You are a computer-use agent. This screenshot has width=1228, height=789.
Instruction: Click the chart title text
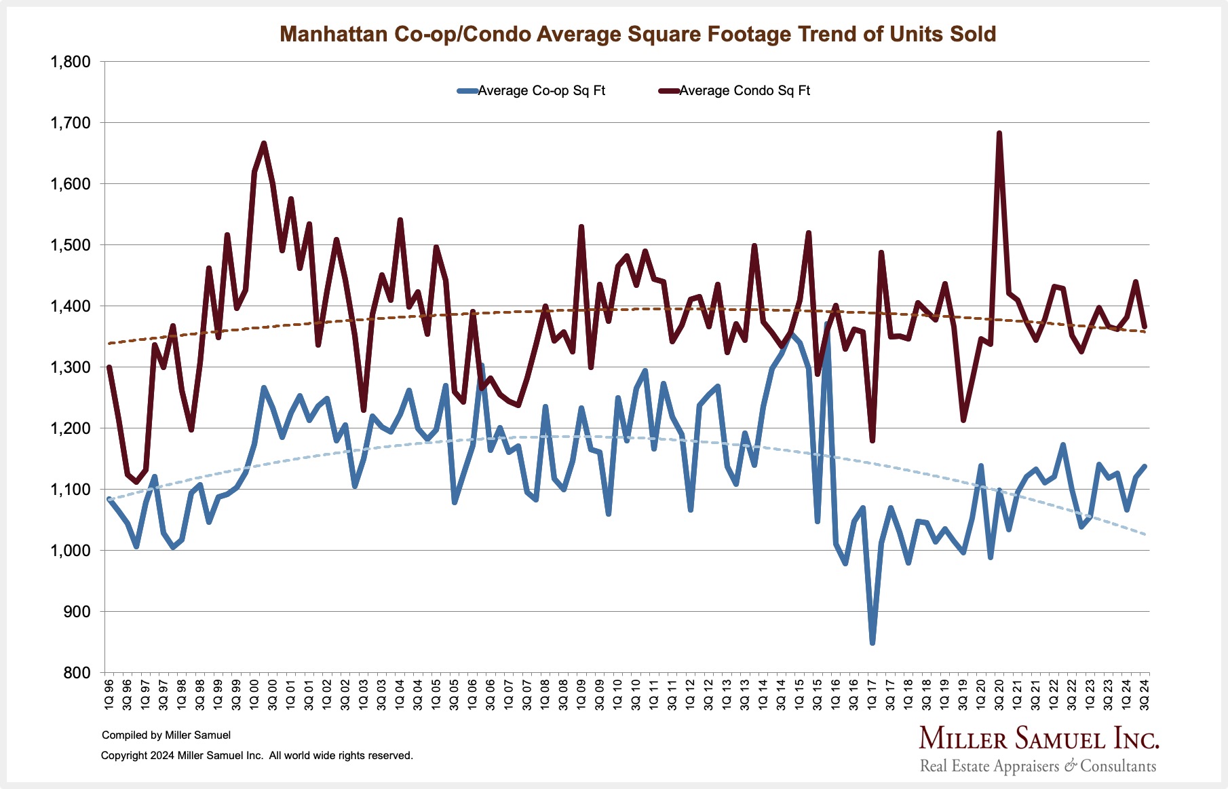tap(638, 34)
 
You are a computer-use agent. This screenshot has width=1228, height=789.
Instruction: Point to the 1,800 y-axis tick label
tap(71, 62)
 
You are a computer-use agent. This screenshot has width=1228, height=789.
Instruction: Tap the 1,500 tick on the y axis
tap(71, 245)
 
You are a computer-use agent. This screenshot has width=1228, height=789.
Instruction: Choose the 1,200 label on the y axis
tap(71, 428)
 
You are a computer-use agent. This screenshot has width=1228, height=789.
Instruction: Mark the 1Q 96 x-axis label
tap(109, 693)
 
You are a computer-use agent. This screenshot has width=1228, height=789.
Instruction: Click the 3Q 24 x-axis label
tap(1145, 693)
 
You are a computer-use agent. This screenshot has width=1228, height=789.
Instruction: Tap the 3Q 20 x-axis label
tap(999, 693)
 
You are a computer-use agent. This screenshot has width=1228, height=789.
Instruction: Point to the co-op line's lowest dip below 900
tap(872, 642)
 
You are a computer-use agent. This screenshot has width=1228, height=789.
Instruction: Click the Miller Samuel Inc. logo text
tap(1039, 738)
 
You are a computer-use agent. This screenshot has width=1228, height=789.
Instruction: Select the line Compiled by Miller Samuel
tap(166, 735)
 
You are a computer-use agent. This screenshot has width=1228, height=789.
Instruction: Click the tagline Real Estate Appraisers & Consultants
tap(1037, 767)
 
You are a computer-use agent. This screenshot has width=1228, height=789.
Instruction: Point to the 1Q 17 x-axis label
tap(872, 693)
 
